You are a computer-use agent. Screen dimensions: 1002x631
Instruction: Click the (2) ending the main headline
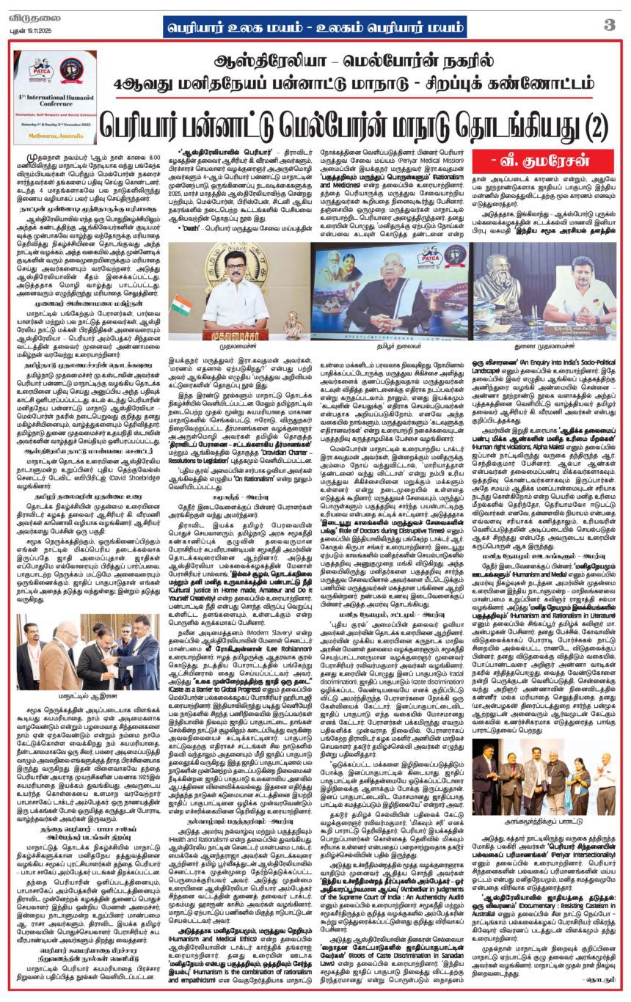click(x=575, y=126)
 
